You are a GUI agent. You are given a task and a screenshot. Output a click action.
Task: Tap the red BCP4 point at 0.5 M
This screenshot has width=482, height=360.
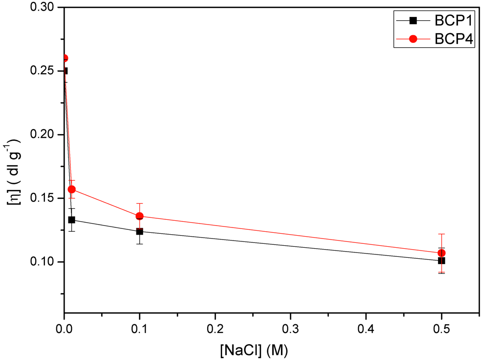[442, 253]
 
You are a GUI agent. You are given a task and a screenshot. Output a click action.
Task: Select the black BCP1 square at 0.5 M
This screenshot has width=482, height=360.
[442, 261]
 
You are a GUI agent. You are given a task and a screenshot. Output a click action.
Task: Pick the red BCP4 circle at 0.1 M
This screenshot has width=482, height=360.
[140, 216]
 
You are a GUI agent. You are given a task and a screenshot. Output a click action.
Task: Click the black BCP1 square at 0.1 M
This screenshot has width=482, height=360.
[140, 231]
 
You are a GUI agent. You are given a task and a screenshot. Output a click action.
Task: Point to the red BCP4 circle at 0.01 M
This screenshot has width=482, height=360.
[72, 189]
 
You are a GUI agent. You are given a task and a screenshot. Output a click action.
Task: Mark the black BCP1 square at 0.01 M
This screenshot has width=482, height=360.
[72, 220]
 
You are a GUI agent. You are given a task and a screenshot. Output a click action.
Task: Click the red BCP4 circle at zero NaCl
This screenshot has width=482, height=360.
[65, 58]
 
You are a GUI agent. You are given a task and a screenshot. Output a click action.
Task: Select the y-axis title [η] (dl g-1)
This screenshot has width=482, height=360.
[14, 173]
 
